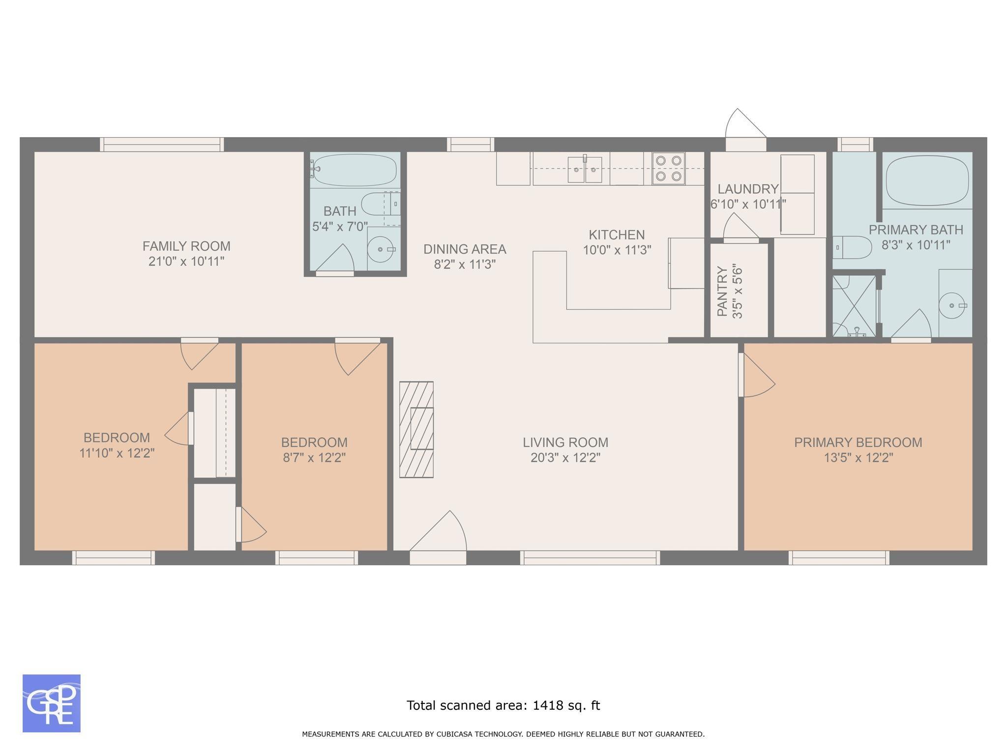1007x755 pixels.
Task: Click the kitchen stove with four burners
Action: (x=669, y=168)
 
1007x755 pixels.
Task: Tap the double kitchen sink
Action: (x=585, y=169)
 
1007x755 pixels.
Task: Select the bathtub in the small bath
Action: (x=353, y=170)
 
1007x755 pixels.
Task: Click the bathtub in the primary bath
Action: (x=927, y=180)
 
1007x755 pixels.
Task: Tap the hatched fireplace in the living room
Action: (x=416, y=429)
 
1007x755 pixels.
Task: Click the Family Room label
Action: (x=186, y=246)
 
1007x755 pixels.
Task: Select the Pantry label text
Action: (x=722, y=291)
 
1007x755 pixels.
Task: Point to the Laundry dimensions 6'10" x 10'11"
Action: (x=748, y=204)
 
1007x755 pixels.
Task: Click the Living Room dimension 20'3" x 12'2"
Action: (x=565, y=458)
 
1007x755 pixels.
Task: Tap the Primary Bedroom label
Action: (x=858, y=442)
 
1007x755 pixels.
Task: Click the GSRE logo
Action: (x=52, y=703)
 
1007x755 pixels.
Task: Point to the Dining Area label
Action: (x=465, y=249)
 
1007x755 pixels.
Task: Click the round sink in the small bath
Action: (x=382, y=250)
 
